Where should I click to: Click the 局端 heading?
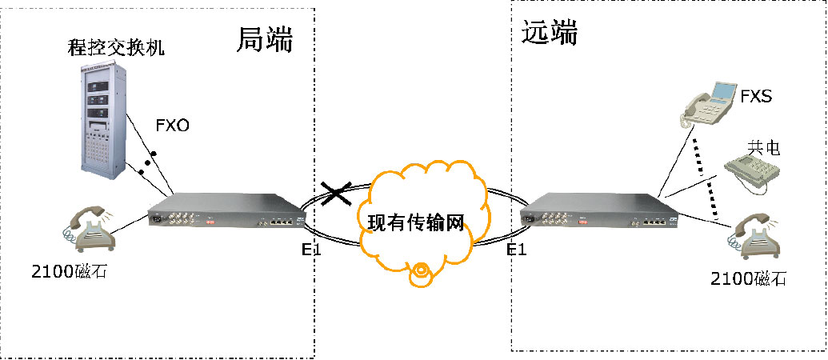click(x=265, y=40)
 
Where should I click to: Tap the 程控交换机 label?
click(x=116, y=49)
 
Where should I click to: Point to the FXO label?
click(x=172, y=125)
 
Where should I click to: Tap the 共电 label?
click(x=763, y=148)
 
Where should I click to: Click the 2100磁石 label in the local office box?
click(x=68, y=272)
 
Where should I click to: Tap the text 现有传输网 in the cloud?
click(x=416, y=221)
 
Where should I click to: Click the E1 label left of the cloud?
click(x=311, y=250)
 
